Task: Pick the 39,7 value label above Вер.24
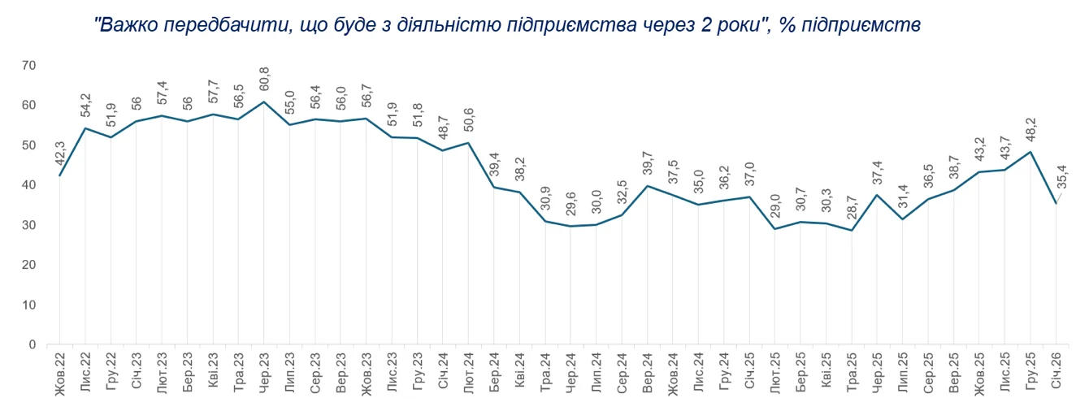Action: (648, 167)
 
